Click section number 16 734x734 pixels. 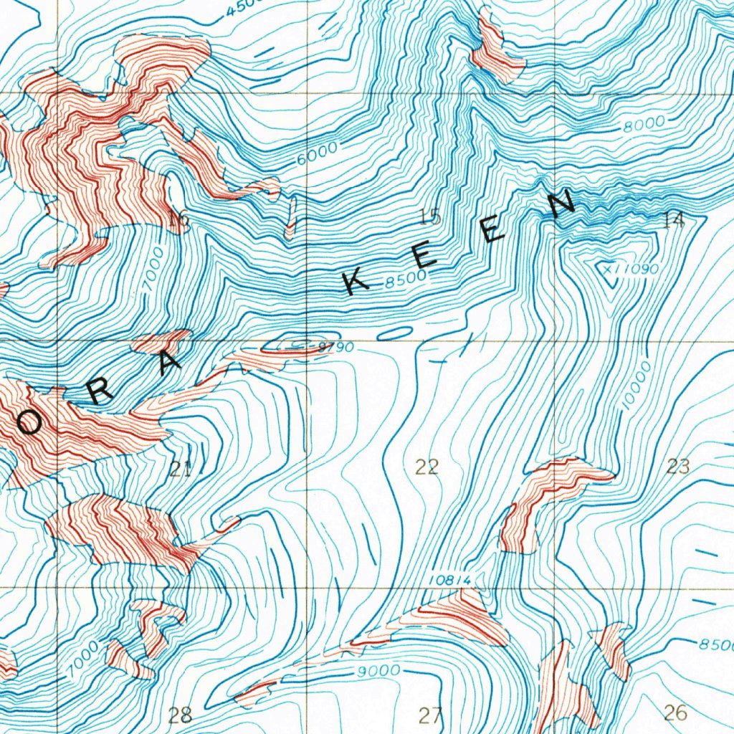pyautogui.click(x=179, y=220)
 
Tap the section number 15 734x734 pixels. pyautogui.click(x=430, y=217)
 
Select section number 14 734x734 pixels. pyautogui.click(x=674, y=220)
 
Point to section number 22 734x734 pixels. pyautogui.click(x=427, y=467)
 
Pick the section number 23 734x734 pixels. pyautogui.click(x=677, y=467)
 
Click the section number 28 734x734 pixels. pyautogui.click(x=181, y=714)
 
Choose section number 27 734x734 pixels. pyautogui.click(x=430, y=715)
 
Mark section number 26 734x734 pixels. pyautogui.click(x=675, y=712)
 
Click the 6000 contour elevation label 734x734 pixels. pyautogui.click(x=316, y=153)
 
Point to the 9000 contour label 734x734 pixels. pyautogui.click(x=378, y=671)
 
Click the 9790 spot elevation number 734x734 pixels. pyautogui.click(x=335, y=348)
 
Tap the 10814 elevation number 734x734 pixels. pyautogui.click(x=453, y=579)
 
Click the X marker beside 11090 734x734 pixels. pyautogui.click(x=607, y=269)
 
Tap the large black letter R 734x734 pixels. pyautogui.click(x=100, y=391)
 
